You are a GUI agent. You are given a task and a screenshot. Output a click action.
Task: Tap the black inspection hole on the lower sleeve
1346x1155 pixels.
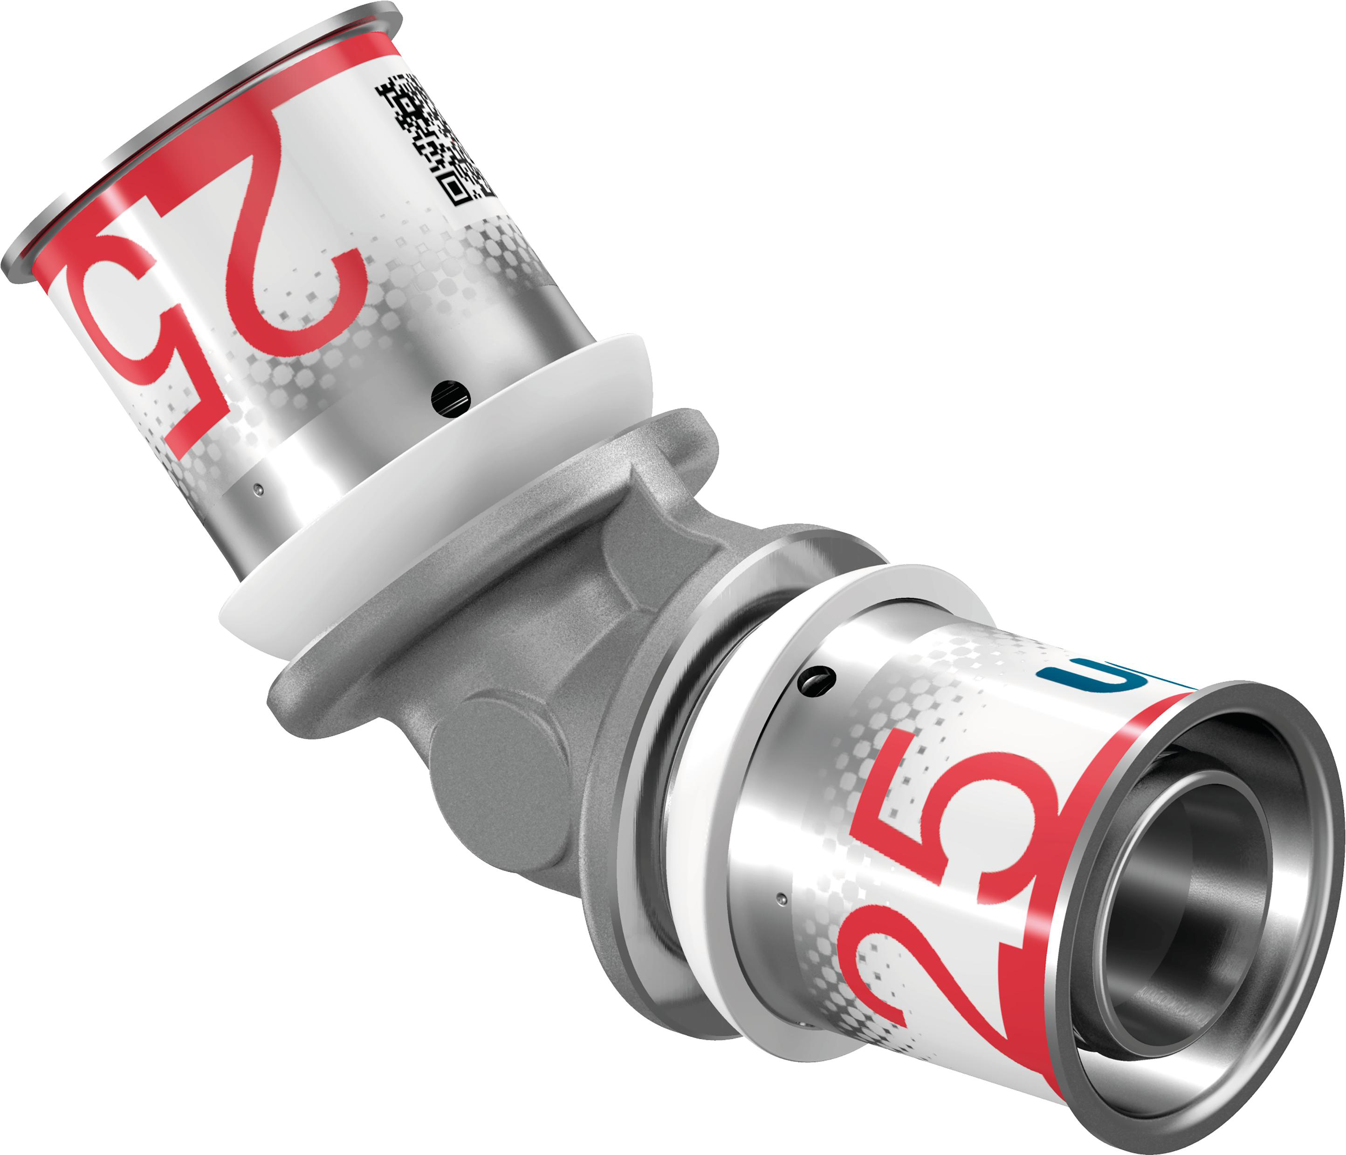pos(817,680)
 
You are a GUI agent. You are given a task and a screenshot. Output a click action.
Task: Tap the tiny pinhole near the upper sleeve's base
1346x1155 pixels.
pos(259,488)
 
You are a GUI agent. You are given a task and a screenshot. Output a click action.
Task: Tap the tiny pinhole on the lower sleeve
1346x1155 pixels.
pos(783,900)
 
